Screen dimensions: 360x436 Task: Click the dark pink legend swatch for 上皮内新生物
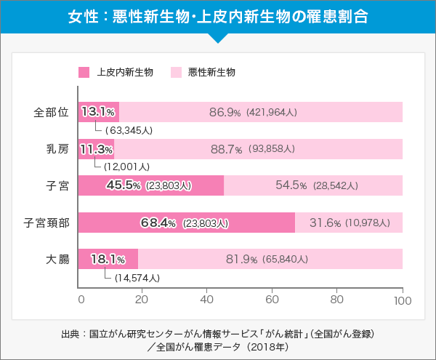[x=84, y=72]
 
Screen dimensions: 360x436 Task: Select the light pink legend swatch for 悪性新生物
[x=175, y=72]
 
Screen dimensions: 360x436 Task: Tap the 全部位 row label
[x=51, y=112]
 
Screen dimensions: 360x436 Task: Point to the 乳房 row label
[x=57, y=149]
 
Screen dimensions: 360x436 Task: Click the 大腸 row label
[x=57, y=259]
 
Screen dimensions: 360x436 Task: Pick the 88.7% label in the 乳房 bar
[x=226, y=149]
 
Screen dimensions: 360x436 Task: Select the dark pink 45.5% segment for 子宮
[x=150, y=185]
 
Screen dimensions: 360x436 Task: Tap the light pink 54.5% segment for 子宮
[x=313, y=185]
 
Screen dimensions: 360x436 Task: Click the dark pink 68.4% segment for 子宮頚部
[x=186, y=223]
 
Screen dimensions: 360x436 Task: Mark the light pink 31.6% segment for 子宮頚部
[x=349, y=223]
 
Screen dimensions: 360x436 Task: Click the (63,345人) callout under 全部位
[x=129, y=131]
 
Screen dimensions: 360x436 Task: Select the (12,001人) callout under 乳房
[x=126, y=167]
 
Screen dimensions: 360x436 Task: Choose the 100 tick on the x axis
[x=403, y=300]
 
